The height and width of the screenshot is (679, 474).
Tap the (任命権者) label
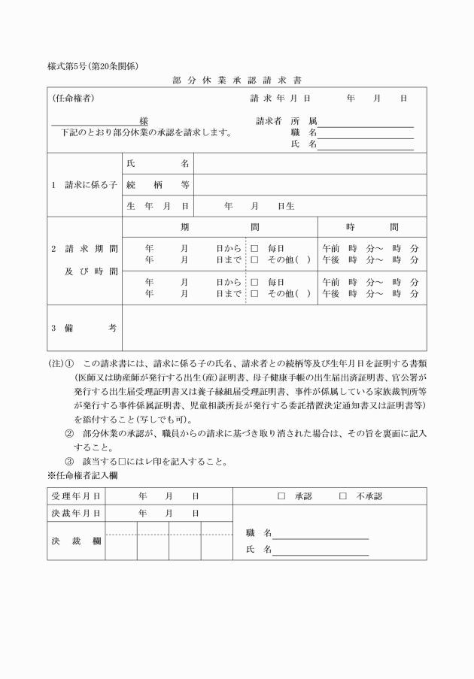click(73, 98)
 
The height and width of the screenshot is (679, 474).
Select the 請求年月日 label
click(280, 98)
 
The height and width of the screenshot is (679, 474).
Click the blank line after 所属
click(366, 121)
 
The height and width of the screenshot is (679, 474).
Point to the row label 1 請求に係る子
click(84, 184)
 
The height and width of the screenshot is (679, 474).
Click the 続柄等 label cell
click(158, 184)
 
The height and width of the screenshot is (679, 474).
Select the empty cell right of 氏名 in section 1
click(310, 163)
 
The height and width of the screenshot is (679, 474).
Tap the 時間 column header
click(372, 227)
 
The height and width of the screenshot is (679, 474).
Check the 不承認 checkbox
click(343, 496)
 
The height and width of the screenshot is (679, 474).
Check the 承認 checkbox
click(281, 496)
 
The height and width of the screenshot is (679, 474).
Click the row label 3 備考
click(84, 328)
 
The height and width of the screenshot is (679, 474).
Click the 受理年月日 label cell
click(76, 496)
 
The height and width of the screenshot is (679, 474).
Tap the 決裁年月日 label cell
click(76, 513)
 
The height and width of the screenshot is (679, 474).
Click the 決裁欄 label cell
click(76, 541)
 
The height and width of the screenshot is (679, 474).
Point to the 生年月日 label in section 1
click(158, 205)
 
